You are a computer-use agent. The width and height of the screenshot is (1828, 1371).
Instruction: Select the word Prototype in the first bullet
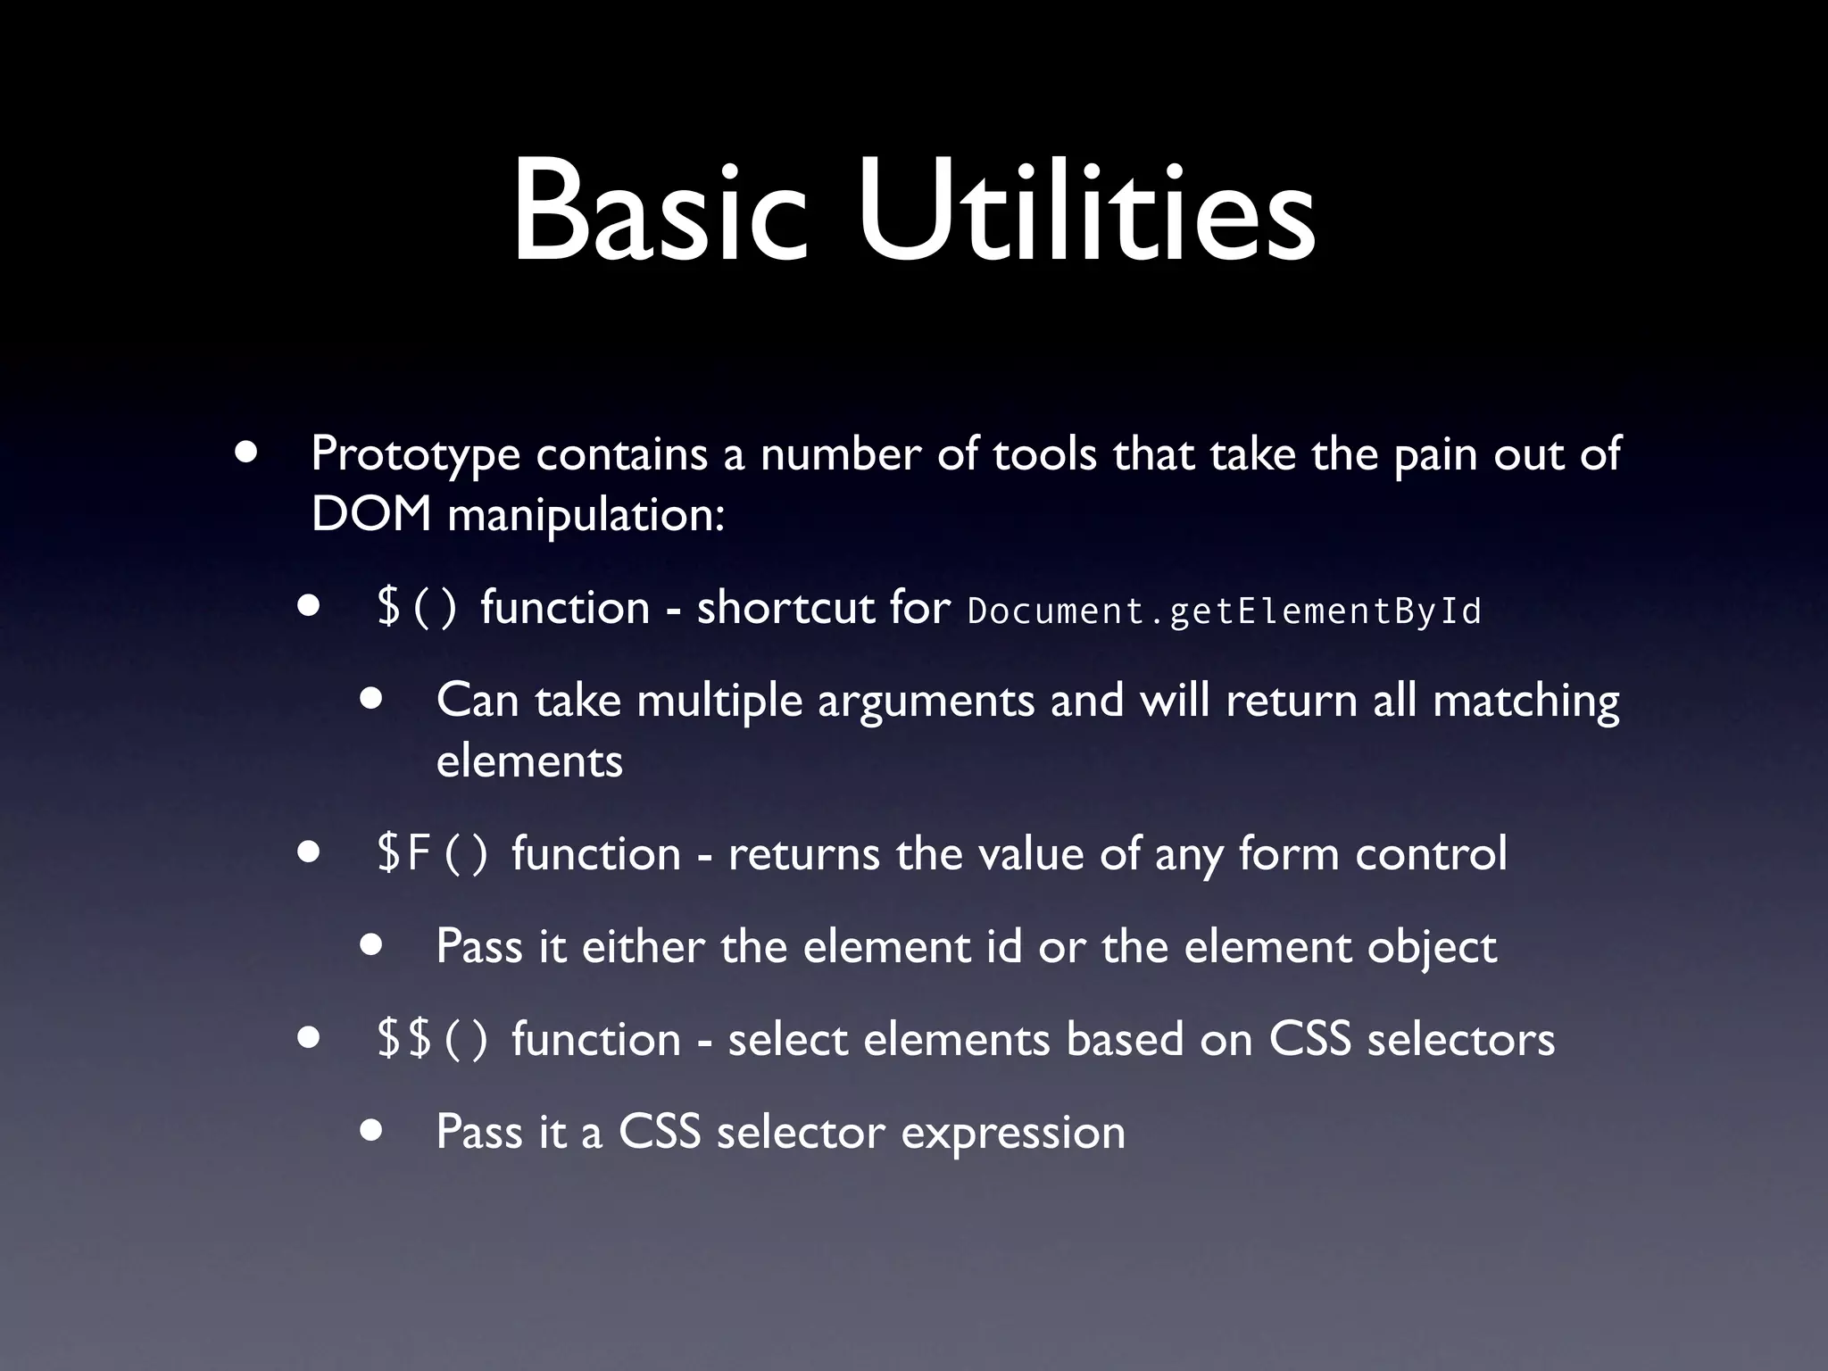[x=415, y=456]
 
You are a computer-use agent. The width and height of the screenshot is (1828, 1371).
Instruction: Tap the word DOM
[x=371, y=515]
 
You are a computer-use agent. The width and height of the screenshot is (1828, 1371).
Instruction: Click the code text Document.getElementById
[x=1224, y=611]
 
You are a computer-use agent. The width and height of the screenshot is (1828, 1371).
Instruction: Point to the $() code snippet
[x=417, y=608]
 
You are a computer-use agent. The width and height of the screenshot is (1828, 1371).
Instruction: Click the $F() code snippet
[x=432, y=854]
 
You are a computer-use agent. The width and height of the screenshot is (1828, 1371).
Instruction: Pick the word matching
[x=1525, y=701]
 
